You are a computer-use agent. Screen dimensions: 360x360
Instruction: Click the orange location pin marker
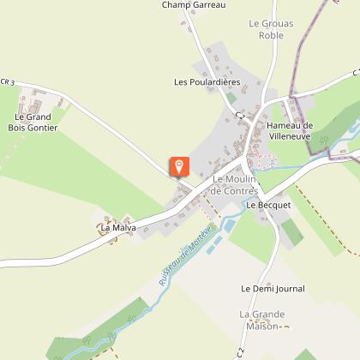pos(179,166)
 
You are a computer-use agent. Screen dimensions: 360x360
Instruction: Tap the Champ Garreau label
pos(193,5)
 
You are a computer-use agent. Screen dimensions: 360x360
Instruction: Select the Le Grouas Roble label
pos(265,30)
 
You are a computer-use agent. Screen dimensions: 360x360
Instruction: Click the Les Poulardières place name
pos(207,82)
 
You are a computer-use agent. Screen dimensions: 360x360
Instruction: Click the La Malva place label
pos(118,228)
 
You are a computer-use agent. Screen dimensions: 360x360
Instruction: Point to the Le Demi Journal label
pos(273,290)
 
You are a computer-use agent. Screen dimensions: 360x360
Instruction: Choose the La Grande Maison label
pos(261,320)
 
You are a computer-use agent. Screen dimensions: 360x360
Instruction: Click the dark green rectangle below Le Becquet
pos(292,231)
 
